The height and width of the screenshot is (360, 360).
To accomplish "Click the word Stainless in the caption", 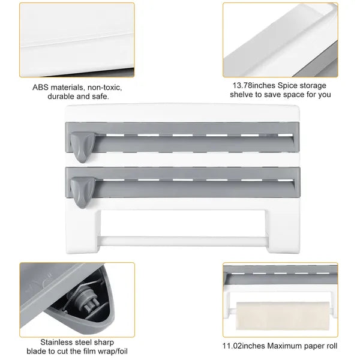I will click(58, 341).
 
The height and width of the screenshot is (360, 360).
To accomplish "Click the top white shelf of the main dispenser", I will click(180, 110).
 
